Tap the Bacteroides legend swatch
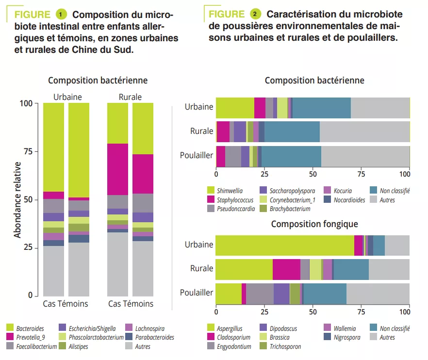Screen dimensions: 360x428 pyautogui.click(x=10, y=328)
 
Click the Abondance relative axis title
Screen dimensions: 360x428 pyautogui.click(x=17, y=200)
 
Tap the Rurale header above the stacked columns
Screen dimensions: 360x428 pyautogui.click(x=130, y=97)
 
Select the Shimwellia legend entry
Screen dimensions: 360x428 pyautogui.click(x=230, y=191)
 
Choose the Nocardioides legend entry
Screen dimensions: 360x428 pyautogui.click(x=349, y=200)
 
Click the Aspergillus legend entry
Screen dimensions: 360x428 pyautogui.click(x=230, y=328)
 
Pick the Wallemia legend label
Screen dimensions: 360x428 pyautogui.click(x=345, y=328)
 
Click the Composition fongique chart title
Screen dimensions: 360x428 pyautogui.click(x=314, y=224)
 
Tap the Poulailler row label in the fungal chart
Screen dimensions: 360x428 pyautogui.click(x=197, y=293)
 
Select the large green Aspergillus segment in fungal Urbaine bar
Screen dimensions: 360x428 pyautogui.click(x=284, y=245)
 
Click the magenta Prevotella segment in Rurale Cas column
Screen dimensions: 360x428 pyautogui.click(x=117, y=169)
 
